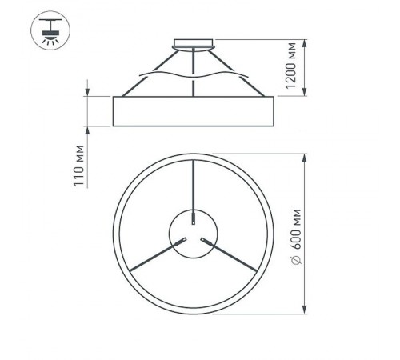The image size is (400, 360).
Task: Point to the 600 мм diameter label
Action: (x=296, y=232)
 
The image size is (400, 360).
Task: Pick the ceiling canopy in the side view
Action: (x=194, y=43)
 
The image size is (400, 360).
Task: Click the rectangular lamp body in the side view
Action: (x=194, y=110)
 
